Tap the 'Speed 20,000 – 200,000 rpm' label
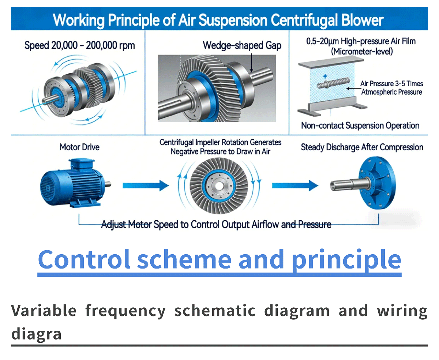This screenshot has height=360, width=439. coord(79,46)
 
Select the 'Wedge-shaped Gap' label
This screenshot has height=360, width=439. coord(242,46)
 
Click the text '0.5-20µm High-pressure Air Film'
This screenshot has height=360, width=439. coord(361,41)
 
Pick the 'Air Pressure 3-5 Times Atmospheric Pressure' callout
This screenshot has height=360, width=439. coord(391,88)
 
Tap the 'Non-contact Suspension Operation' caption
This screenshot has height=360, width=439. coord(360,125)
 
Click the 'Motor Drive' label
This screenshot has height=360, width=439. coord(79,147)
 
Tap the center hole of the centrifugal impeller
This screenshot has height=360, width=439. coord(219,185)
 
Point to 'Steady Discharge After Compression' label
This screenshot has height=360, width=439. coord(362,147)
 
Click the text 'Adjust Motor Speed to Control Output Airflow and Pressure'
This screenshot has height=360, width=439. coord(216,224)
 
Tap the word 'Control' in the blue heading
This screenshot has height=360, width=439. coord(84,259)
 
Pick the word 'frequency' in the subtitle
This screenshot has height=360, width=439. coord(125,311)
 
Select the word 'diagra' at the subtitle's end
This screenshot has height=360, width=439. coord(36,333)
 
